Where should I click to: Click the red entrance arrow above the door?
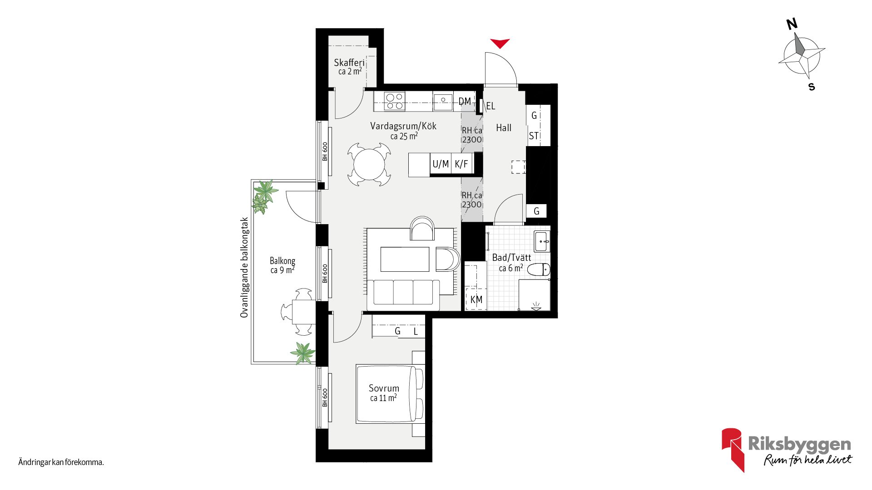click(500, 43)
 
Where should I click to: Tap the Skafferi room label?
click(349, 63)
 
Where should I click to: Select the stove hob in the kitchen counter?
click(394, 101)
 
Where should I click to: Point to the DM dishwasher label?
click(465, 101)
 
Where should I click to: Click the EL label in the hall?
click(490, 106)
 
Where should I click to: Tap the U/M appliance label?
click(441, 164)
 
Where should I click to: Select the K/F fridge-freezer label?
click(461, 164)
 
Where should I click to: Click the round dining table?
click(369, 164)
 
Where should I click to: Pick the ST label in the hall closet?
click(534, 136)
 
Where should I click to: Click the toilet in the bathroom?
click(539, 269)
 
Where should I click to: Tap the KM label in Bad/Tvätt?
click(476, 299)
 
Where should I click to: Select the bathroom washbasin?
click(542, 242)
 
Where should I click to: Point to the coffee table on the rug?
click(405, 259)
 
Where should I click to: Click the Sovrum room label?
click(384, 388)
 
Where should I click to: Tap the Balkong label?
click(282, 261)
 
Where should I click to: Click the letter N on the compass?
click(792, 24)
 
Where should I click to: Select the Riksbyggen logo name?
click(799, 445)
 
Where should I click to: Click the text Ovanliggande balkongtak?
click(244, 267)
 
